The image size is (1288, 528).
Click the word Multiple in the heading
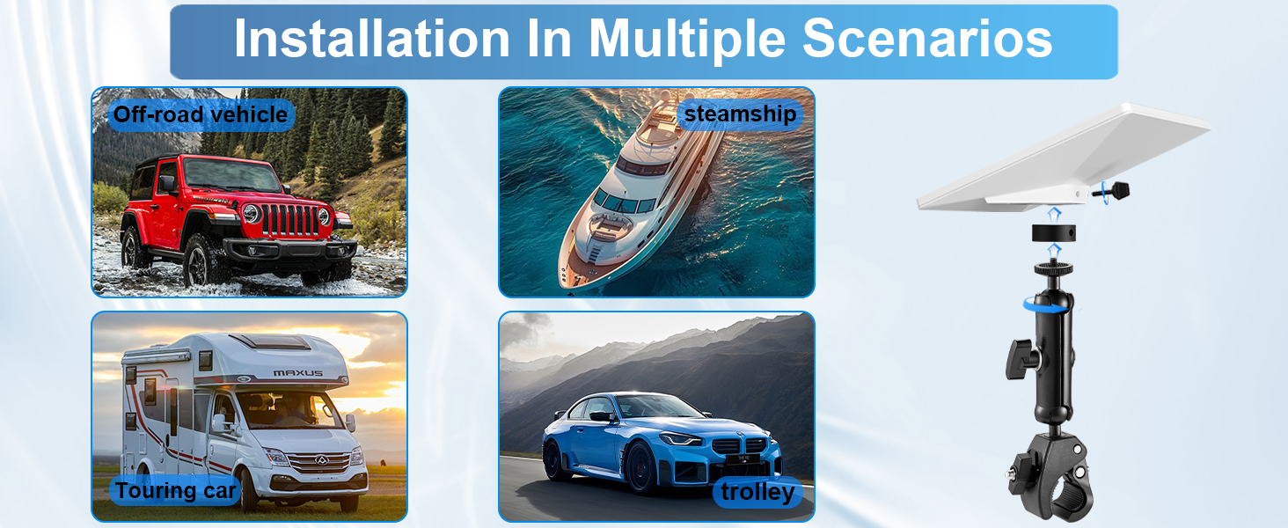point(687,39)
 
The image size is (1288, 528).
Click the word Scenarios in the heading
point(927,38)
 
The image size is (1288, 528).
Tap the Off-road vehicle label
point(201,114)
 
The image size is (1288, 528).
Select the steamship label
point(740,114)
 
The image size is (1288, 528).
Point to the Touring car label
point(175,491)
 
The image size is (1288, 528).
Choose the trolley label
point(757,492)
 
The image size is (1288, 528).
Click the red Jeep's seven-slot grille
point(289,220)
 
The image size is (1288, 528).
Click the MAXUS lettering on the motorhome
point(298,373)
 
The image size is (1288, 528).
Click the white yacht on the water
point(638,195)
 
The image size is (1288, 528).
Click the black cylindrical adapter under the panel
point(1053,233)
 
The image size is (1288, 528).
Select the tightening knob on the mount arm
point(1021,359)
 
